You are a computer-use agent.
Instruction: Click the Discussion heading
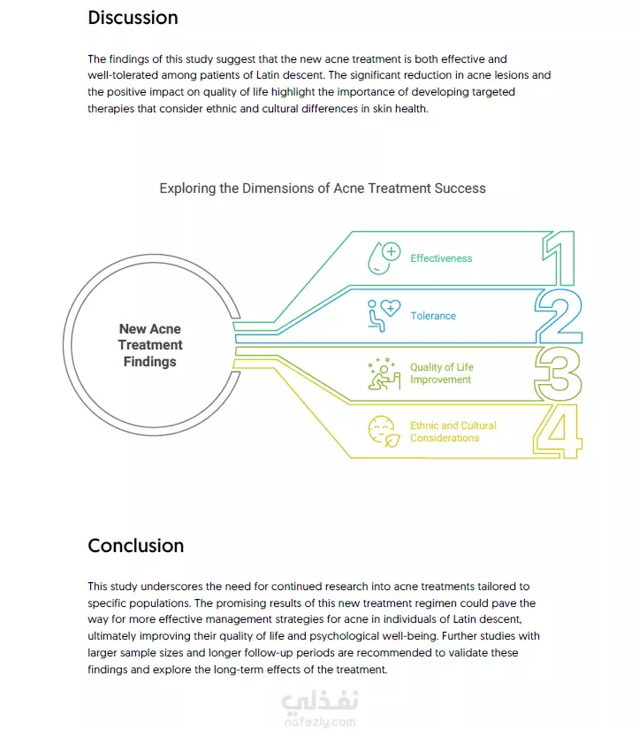[133, 18]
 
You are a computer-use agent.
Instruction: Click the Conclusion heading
[135, 546]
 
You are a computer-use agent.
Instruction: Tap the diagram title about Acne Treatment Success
[323, 188]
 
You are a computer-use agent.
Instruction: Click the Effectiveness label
[441, 258]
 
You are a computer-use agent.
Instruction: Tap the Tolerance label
[433, 316]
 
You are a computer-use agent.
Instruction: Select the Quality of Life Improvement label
[442, 373]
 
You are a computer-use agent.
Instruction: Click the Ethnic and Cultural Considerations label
[453, 432]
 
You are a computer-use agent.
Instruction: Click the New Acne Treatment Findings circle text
[150, 345]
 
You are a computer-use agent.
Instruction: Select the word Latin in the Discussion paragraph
[268, 75]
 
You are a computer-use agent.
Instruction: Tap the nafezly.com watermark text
[320, 722]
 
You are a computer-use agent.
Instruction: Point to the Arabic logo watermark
[320, 701]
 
